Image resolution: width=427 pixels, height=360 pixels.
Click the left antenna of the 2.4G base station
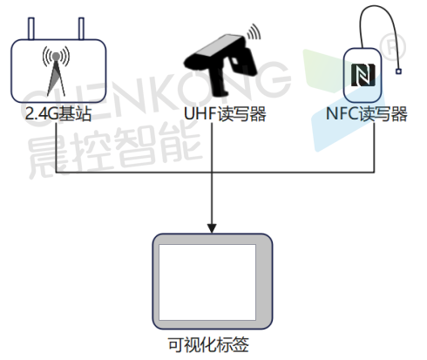coord(31,29)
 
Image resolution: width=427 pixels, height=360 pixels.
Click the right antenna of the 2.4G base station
coord(81,29)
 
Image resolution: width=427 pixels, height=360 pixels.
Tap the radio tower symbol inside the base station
coord(56,71)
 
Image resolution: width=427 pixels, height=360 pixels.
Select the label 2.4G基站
coord(58,113)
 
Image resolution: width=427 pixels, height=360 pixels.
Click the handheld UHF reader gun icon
coord(220,65)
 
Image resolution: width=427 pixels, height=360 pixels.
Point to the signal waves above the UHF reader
coord(254,31)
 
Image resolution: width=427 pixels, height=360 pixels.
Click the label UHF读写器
coord(225,113)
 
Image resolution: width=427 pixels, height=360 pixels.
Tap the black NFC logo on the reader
coord(363,75)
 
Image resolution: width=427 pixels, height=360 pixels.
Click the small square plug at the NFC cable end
coord(398,71)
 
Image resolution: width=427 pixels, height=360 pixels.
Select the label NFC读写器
coord(366,113)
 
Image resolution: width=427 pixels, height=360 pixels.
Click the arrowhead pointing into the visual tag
coord(212,228)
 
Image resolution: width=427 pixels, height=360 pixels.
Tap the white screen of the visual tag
coord(207,282)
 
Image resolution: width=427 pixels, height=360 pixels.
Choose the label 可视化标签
coord(208,345)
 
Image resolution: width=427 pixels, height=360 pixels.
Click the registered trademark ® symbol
coord(393,46)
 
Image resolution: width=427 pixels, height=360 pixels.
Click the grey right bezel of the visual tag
coord(264,282)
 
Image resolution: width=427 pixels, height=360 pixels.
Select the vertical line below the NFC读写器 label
coord(374,147)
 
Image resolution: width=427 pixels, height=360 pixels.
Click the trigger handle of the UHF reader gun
coord(220,80)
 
